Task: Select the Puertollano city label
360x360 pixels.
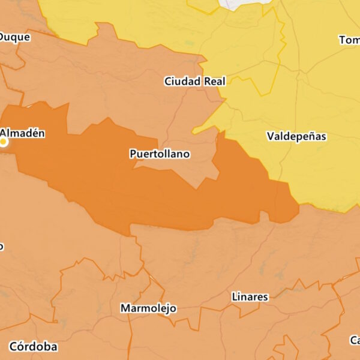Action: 160,154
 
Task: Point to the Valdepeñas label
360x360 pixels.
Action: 296,137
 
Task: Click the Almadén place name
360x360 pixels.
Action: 22,133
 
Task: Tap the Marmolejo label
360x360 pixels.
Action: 148,308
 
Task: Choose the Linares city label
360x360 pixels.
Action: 250,297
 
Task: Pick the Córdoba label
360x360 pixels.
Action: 33,347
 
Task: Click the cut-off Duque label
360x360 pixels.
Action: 14,37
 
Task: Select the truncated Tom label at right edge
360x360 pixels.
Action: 349,40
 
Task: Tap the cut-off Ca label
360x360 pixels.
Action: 355,340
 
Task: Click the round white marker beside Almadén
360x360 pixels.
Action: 4,142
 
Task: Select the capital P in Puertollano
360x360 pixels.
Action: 133,154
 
